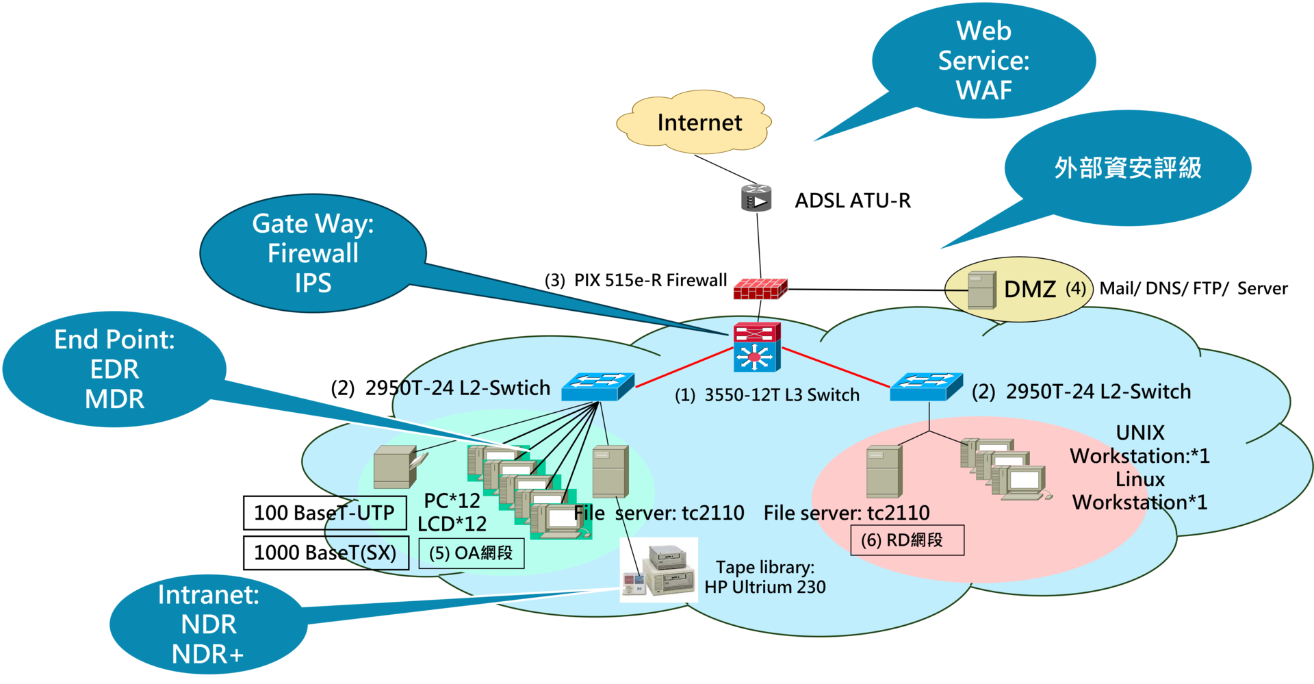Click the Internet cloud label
click(699, 123)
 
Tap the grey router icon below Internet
click(756, 198)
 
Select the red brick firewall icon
click(760, 289)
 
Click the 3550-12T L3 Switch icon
click(756, 347)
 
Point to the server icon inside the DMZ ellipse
click(981, 290)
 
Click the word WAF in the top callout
click(983, 90)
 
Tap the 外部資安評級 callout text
click(1127, 168)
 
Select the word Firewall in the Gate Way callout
click(313, 253)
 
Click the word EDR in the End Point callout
click(114, 370)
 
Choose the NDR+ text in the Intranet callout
click(207, 655)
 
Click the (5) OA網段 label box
click(471, 553)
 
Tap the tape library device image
click(659, 570)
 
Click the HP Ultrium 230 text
click(764, 587)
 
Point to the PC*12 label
click(452, 501)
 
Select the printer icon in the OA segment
click(398, 467)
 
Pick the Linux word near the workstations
click(1139, 479)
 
